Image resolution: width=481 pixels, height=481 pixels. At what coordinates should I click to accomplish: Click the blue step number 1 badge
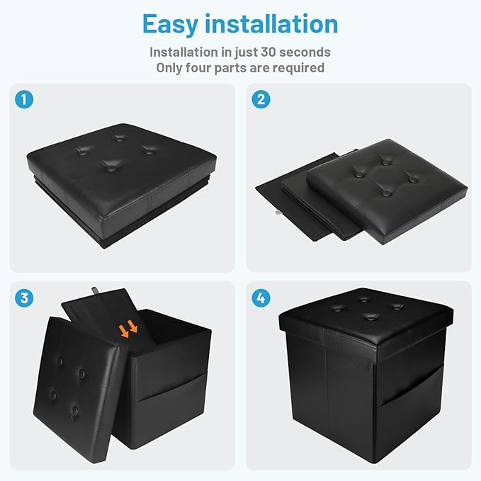coord(24,99)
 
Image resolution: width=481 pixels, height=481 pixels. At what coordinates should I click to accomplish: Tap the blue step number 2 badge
coord(261,99)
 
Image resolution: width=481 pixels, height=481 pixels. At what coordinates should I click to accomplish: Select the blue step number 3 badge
coord(24,298)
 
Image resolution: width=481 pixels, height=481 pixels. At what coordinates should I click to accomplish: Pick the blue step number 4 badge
coord(261,298)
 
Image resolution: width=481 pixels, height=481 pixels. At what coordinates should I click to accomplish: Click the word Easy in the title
coord(170,25)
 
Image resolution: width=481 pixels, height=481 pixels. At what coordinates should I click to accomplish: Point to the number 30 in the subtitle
coord(268,52)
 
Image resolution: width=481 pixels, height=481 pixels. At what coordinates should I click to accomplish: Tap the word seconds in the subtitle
coord(305,52)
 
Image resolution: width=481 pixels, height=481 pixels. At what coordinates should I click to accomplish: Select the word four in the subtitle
coord(198,68)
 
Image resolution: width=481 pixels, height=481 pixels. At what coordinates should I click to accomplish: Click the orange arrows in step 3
coord(128,329)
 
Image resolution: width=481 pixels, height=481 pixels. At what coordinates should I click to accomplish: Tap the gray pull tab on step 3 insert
coord(95,290)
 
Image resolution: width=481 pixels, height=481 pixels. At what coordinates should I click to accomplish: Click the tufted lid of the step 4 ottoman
coord(366,316)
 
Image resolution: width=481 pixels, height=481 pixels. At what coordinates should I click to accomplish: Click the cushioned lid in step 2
coord(387,191)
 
